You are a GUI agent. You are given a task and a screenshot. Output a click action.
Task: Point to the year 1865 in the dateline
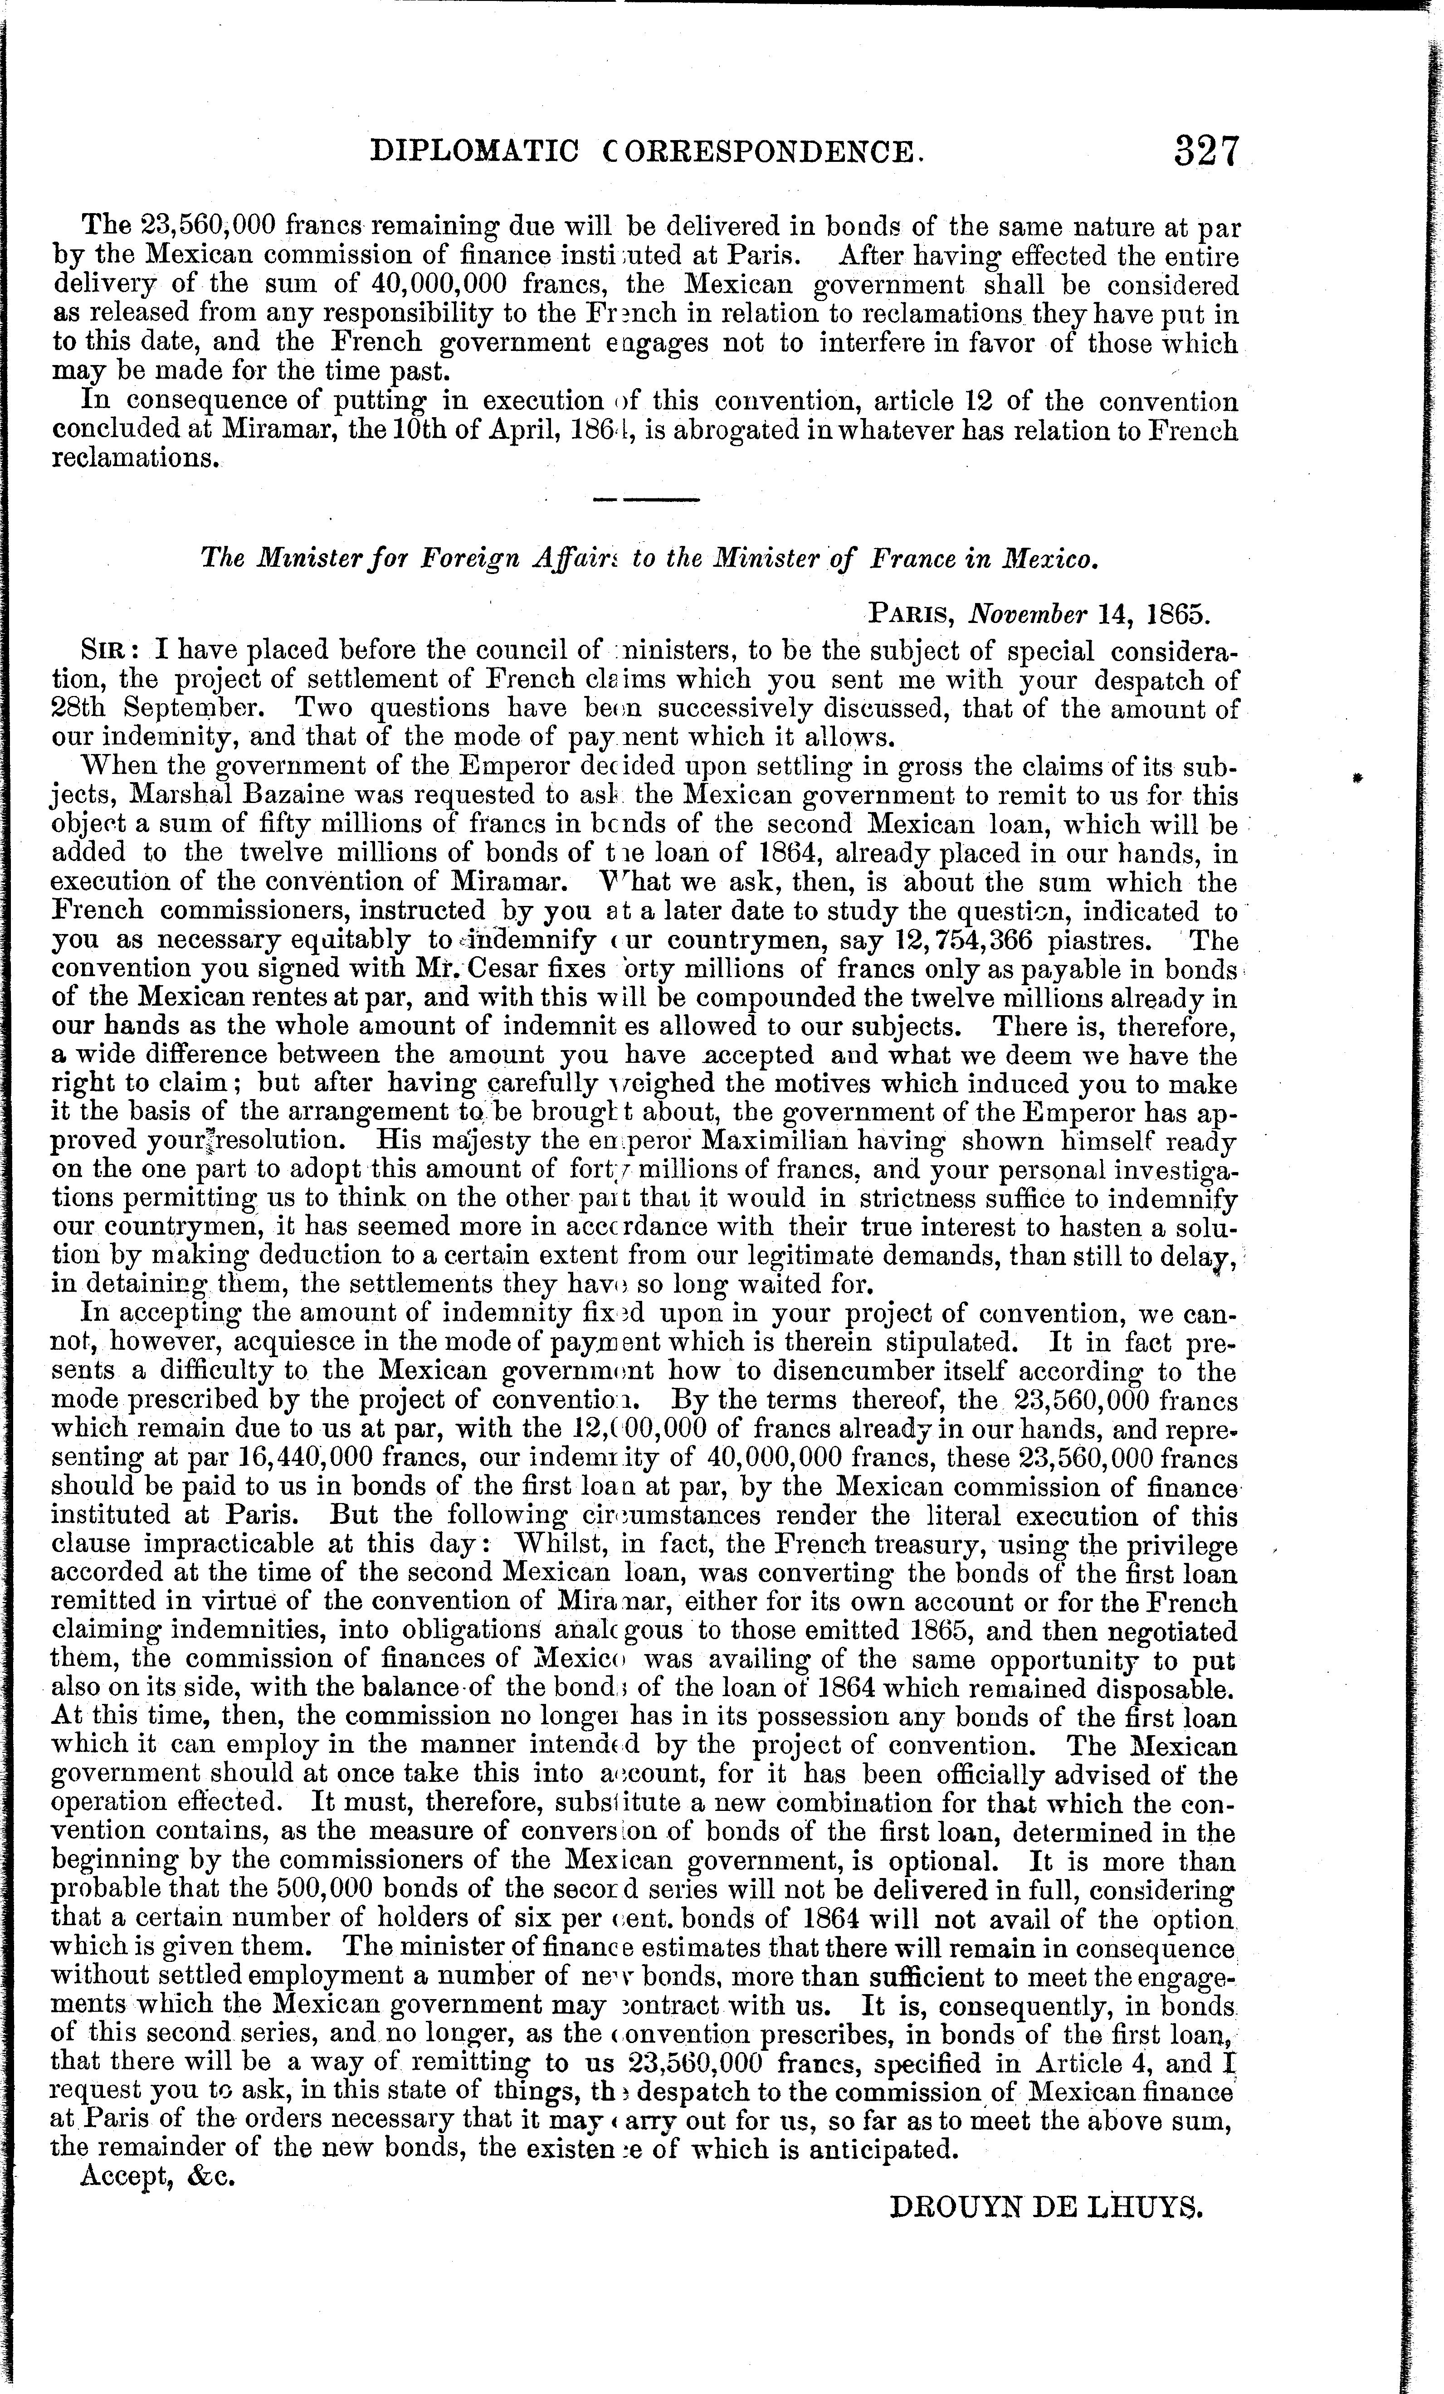(1179, 615)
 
